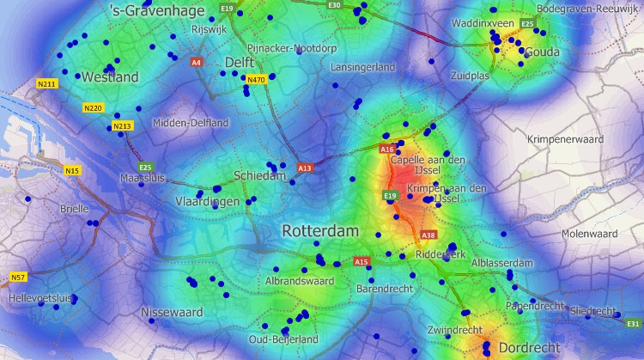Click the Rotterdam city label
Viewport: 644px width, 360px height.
tap(319, 232)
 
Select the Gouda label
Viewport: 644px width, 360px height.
tap(541, 52)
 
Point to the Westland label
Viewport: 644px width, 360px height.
tap(110, 77)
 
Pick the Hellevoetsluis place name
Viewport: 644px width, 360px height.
tap(42, 298)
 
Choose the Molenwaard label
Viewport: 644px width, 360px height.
tap(589, 234)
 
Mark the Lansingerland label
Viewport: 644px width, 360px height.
tap(363, 67)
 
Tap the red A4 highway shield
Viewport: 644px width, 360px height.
tap(197, 63)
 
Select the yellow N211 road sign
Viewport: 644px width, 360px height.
tap(47, 83)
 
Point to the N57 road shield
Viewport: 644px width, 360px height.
tap(18, 277)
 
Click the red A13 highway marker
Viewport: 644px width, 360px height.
tap(305, 168)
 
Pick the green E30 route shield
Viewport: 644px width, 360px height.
tap(335, 5)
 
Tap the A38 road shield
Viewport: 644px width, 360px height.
tap(429, 235)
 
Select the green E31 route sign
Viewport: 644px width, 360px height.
tap(634, 323)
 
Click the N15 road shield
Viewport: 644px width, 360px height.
tap(72, 171)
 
